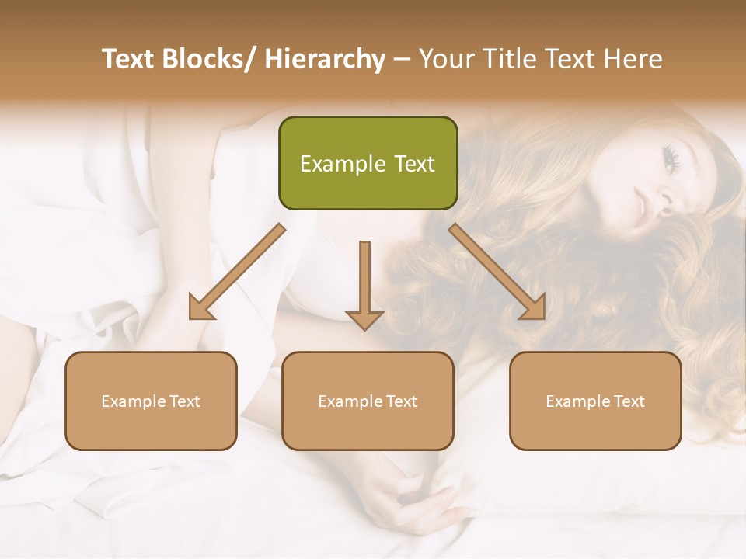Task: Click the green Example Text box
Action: [368, 163]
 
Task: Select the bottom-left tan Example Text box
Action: [151, 401]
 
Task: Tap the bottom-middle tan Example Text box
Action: [368, 401]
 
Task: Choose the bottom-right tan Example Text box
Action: [595, 401]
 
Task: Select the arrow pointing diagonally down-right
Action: [498, 272]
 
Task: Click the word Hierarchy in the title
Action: [325, 59]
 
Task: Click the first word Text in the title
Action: [127, 59]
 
